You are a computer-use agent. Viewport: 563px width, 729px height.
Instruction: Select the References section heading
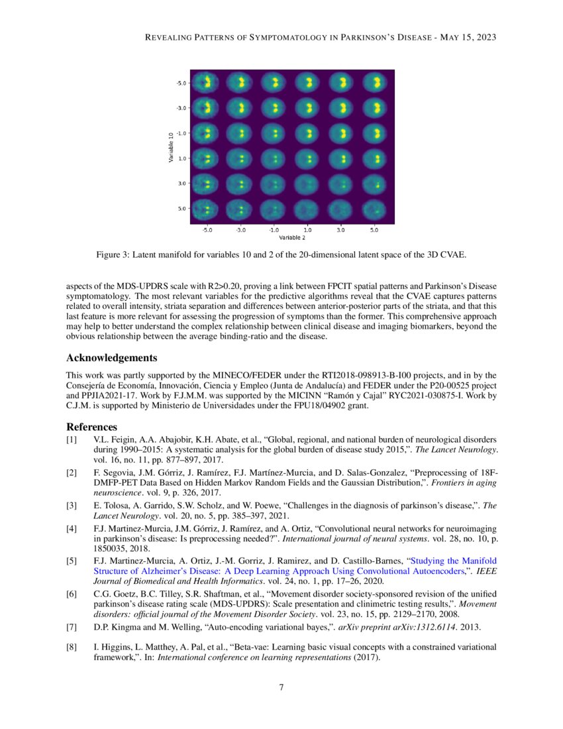pyautogui.click(x=92, y=427)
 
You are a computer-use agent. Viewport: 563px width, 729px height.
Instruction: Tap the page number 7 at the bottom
pyautogui.click(x=281, y=687)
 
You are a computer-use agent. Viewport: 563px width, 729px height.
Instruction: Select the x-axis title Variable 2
pyautogui.click(x=291, y=237)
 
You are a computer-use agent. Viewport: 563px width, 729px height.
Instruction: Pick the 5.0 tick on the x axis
pyautogui.click(x=374, y=231)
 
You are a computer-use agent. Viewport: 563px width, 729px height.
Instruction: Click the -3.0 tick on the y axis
pyautogui.click(x=181, y=107)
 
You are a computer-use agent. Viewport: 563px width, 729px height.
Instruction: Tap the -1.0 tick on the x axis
pyautogui.click(x=274, y=231)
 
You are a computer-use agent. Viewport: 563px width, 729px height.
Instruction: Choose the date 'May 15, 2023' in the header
pyautogui.click(x=467, y=37)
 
